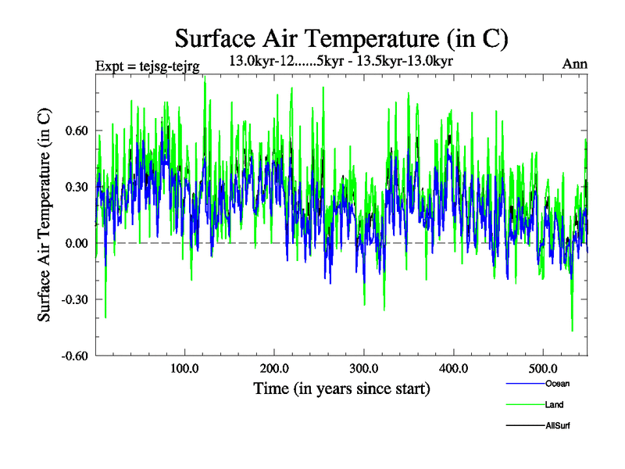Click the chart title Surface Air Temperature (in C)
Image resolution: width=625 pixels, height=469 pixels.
click(341, 38)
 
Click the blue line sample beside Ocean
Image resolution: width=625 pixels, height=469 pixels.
click(524, 383)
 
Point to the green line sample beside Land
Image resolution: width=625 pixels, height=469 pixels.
click(524, 404)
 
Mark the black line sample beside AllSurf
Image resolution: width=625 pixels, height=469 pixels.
click(524, 425)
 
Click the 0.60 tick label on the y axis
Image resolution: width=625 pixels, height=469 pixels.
click(77, 131)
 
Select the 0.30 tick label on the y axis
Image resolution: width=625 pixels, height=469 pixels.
click(77, 187)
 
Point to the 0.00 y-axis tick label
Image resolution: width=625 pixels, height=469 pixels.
click(77, 243)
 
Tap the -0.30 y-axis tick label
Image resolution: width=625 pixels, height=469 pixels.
click(76, 299)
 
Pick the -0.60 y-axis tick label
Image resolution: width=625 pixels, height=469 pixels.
click(76, 356)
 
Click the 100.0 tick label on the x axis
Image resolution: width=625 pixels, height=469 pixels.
click(184, 368)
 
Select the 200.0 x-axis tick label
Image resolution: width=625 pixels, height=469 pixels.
click(274, 368)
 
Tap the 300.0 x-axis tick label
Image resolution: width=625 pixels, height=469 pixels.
click(364, 368)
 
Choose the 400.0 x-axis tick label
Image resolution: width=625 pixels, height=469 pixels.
click(454, 368)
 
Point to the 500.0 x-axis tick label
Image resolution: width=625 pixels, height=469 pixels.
click(544, 368)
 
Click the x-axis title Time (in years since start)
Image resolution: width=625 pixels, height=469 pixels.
click(341, 388)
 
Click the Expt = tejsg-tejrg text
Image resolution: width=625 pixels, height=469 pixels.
click(147, 66)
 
